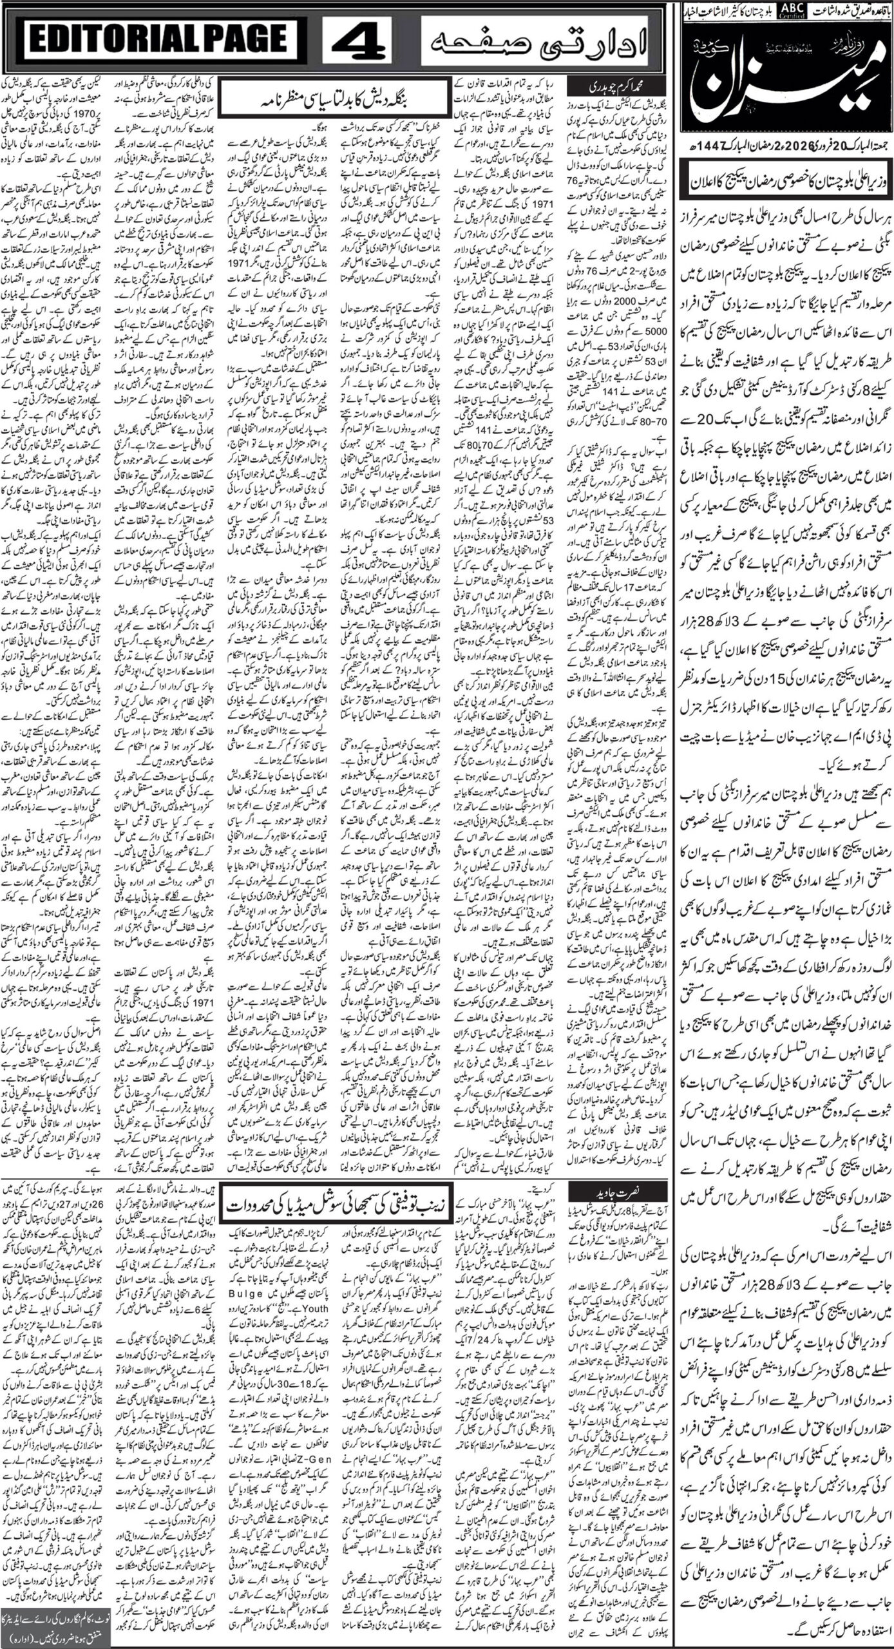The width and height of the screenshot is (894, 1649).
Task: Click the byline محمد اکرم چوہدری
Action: [599, 84]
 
